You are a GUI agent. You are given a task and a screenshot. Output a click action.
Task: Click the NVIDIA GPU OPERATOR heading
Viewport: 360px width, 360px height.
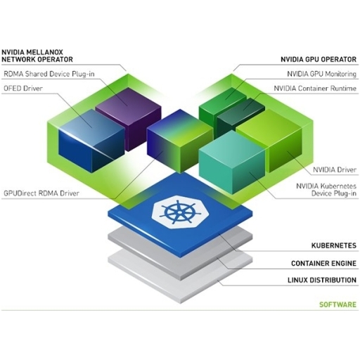click(x=319, y=59)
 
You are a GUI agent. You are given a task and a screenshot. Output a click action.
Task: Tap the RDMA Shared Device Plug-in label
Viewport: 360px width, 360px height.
click(x=49, y=74)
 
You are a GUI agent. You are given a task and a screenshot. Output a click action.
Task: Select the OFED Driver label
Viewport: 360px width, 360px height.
click(x=23, y=89)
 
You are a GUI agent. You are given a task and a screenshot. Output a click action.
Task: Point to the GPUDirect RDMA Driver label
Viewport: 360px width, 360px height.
click(x=41, y=193)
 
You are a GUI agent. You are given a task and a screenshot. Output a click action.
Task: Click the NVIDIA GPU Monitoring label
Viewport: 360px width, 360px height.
click(x=322, y=74)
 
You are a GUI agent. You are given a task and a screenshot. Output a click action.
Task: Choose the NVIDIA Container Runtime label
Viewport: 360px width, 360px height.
click(x=315, y=89)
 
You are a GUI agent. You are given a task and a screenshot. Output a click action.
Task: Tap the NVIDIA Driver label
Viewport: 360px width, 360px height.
click(x=335, y=169)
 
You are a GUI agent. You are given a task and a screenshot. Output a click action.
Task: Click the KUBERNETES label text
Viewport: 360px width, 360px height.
click(x=334, y=245)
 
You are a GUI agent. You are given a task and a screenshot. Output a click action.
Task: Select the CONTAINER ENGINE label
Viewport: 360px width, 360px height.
click(x=323, y=264)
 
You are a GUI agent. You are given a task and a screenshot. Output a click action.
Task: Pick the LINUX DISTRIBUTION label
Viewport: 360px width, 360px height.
click(x=322, y=280)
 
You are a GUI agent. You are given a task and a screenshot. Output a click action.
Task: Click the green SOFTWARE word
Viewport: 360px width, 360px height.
click(x=337, y=304)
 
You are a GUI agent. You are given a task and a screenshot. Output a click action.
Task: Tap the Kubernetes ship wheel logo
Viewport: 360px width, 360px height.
click(x=179, y=212)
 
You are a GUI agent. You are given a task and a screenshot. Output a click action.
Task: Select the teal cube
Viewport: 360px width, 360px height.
click(x=232, y=162)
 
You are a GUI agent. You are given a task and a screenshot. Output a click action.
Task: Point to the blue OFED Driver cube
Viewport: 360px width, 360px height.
click(x=91, y=141)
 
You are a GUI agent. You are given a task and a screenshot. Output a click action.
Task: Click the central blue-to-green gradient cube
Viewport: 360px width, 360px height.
click(x=180, y=141)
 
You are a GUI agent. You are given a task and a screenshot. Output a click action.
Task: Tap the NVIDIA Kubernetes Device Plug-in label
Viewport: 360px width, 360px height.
click(x=326, y=190)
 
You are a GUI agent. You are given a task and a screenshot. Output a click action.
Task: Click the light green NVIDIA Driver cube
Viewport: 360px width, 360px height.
click(x=269, y=141)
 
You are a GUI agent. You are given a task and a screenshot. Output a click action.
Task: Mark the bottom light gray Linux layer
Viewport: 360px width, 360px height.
click(x=180, y=276)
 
